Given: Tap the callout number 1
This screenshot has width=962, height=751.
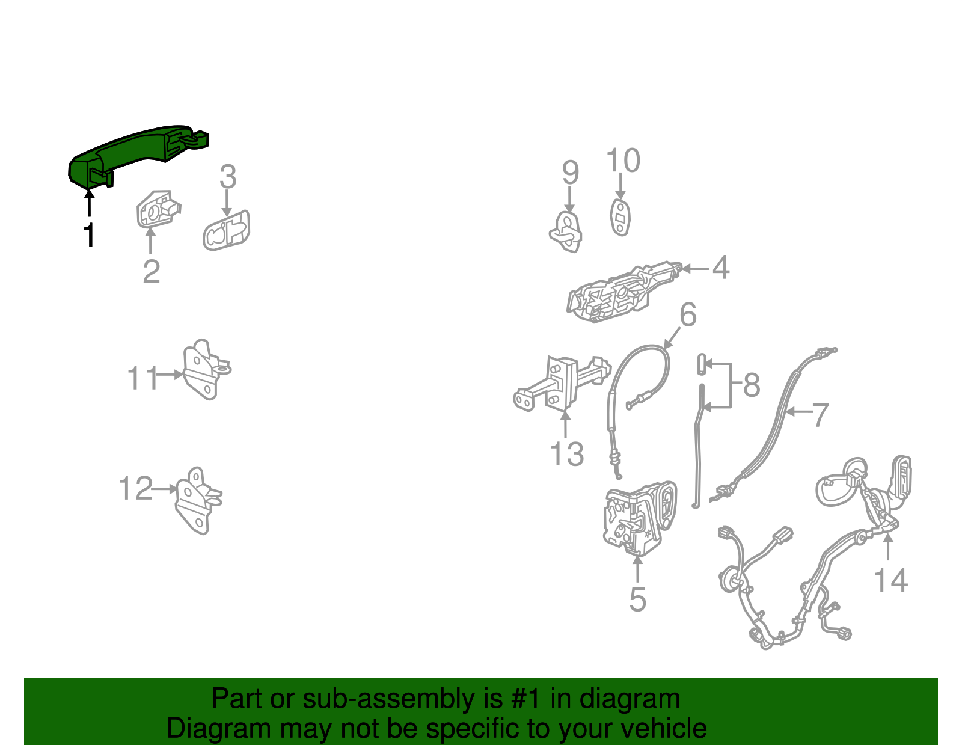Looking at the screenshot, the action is pos(90,234).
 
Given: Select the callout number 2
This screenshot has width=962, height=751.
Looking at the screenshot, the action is pos(152,271).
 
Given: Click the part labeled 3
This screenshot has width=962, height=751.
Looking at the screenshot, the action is pos(227,230).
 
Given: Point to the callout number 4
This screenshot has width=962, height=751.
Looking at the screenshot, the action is pos(721,268).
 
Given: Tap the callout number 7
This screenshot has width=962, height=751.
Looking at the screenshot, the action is pos(820,415).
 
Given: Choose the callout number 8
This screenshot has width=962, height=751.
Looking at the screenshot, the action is pos(752,384).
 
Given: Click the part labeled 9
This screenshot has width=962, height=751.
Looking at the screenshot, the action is pos(566,232).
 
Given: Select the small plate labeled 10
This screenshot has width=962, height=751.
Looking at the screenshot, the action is pos(620,217).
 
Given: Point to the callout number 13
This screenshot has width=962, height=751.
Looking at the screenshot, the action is pos(566,453).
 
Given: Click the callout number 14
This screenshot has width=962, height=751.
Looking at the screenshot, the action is pos(890,580).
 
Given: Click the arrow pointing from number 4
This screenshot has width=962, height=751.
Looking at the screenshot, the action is pos(696,268).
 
